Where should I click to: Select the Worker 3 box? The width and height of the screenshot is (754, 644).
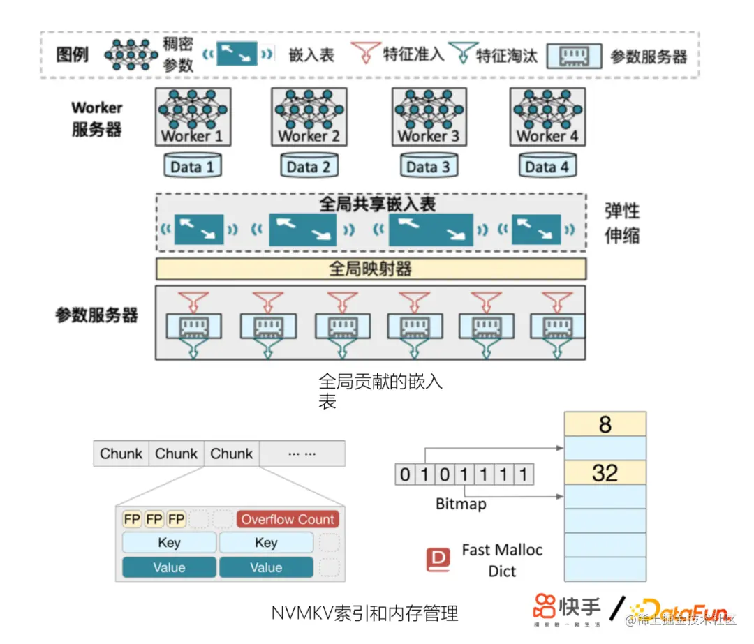coord(429,117)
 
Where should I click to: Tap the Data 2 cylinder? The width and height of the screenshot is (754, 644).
coord(309,166)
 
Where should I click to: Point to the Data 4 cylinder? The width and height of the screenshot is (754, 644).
coord(547,166)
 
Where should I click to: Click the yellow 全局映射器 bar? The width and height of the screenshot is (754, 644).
coord(371,269)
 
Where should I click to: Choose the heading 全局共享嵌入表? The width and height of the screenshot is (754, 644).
coord(378,204)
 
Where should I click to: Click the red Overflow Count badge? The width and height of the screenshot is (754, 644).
coord(288,519)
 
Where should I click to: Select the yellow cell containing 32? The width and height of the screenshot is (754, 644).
coord(605,473)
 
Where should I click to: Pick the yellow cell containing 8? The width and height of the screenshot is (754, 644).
coord(605,424)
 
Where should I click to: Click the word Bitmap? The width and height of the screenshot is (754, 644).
coord(461,503)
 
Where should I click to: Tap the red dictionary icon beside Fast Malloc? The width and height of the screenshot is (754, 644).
coord(438,560)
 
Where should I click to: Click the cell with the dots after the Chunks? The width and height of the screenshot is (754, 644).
coord(302,454)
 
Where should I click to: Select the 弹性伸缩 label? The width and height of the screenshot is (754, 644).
coord(621,223)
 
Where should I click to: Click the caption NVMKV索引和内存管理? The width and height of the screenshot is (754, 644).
coord(365,613)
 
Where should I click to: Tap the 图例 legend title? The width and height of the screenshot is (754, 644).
coord(72,54)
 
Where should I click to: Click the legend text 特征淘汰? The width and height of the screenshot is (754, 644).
coord(507,54)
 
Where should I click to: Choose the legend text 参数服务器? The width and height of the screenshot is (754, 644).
coord(649,57)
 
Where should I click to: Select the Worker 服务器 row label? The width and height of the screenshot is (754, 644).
coord(96,119)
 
